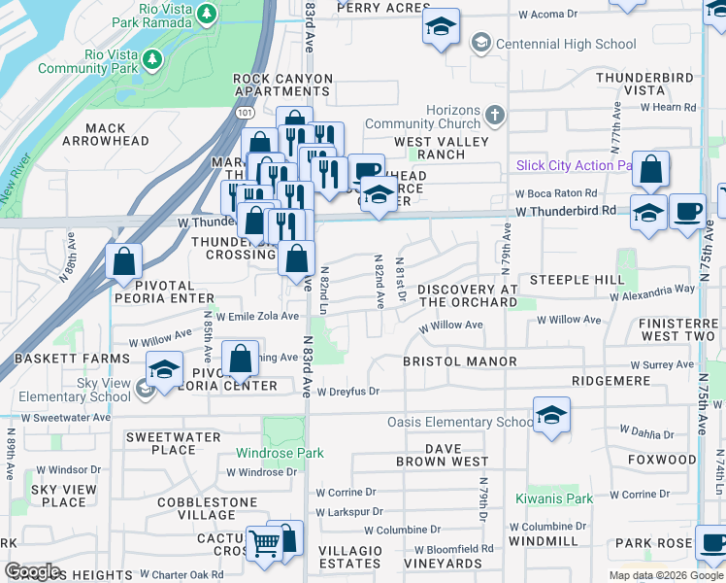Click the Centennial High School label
pos(566,44)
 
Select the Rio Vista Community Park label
pos(85,61)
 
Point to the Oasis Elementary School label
pos(460,422)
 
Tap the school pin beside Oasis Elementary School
pos(551,415)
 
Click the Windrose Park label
pos(281,453)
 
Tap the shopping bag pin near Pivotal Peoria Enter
pos(124,261)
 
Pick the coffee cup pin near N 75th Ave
pos(687,211)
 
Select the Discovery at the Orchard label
pos(467,295)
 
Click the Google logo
pos(32,571)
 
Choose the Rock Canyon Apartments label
pos(282,85)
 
